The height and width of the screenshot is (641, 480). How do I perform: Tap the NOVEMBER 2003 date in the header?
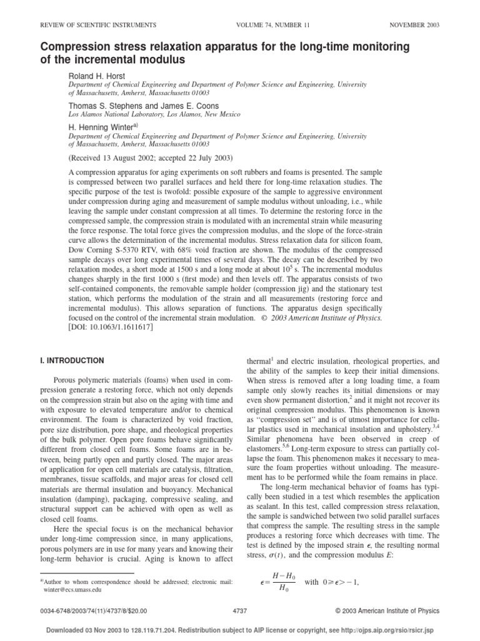(414, 25)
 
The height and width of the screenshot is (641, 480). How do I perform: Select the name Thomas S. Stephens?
(103, 106)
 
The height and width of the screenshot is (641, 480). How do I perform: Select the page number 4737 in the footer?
(241, 611)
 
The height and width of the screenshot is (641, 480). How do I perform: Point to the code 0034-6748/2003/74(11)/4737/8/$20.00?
(92, 611)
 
